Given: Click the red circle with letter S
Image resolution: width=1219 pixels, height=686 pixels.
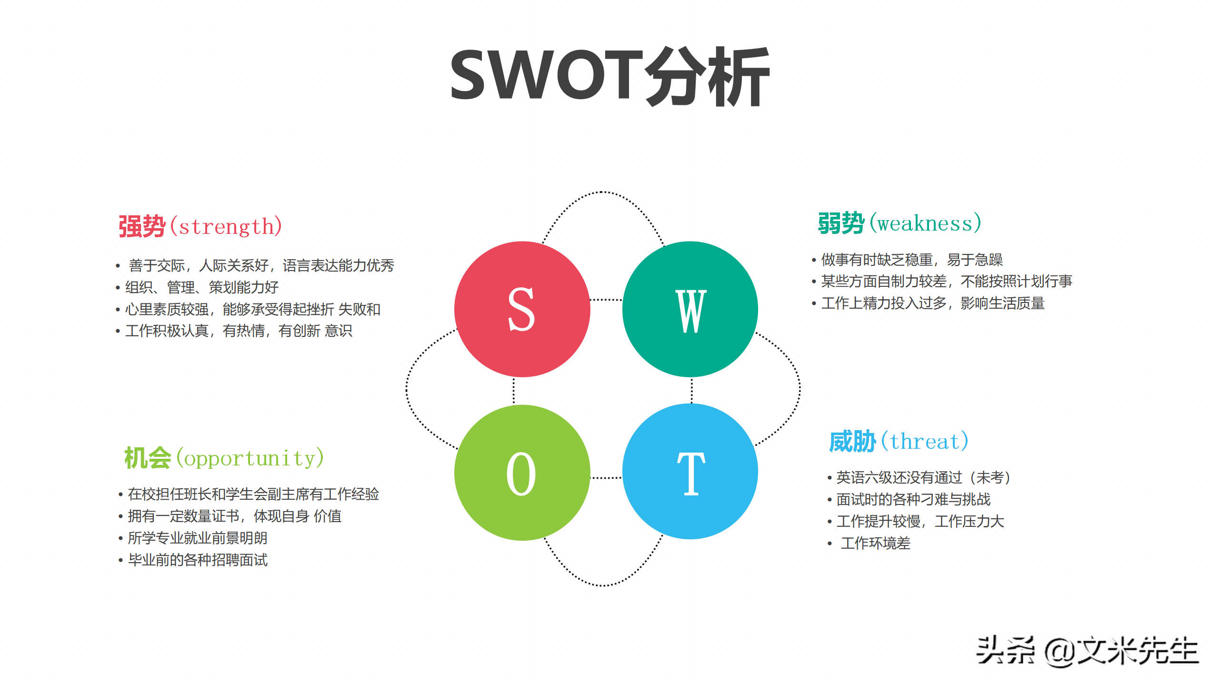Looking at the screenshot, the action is [x=522, y=309].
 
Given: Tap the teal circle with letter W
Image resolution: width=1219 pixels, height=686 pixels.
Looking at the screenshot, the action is [x=690, y=309].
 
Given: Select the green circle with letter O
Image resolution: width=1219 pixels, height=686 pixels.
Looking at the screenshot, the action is [x=522, y=473].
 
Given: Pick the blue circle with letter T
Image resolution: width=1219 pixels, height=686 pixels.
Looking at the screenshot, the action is [x=690, y=472].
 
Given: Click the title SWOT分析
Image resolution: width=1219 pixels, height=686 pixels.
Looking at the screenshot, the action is [x=610, y=76].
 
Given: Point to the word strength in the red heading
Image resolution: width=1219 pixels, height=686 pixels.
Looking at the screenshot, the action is [x=227, y=227].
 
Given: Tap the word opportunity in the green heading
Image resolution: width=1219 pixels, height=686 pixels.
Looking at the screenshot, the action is [x=250, y=458].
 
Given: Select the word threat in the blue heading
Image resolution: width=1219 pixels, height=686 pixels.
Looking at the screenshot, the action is [x=925, y=441].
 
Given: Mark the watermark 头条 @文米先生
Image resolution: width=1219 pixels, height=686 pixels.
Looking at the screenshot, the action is [x=1088, y=651].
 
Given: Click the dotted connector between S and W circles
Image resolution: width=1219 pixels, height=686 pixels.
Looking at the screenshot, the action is [x=606, y=300].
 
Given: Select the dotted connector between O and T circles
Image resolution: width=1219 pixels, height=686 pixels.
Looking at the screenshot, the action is [x=606, y=477].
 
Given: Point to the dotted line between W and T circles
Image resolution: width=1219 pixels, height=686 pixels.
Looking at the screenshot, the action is [x=692, y=391].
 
